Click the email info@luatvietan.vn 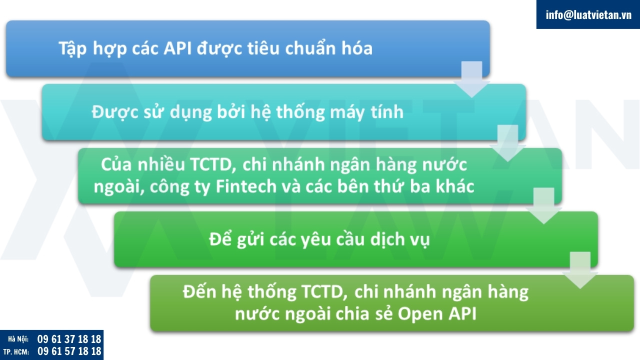588,15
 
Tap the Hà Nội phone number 69,339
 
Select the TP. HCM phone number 69,351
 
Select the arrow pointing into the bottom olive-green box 580,270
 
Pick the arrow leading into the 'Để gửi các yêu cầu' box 544,206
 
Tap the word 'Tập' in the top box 72,49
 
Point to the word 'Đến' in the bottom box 199,292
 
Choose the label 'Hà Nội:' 18,339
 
